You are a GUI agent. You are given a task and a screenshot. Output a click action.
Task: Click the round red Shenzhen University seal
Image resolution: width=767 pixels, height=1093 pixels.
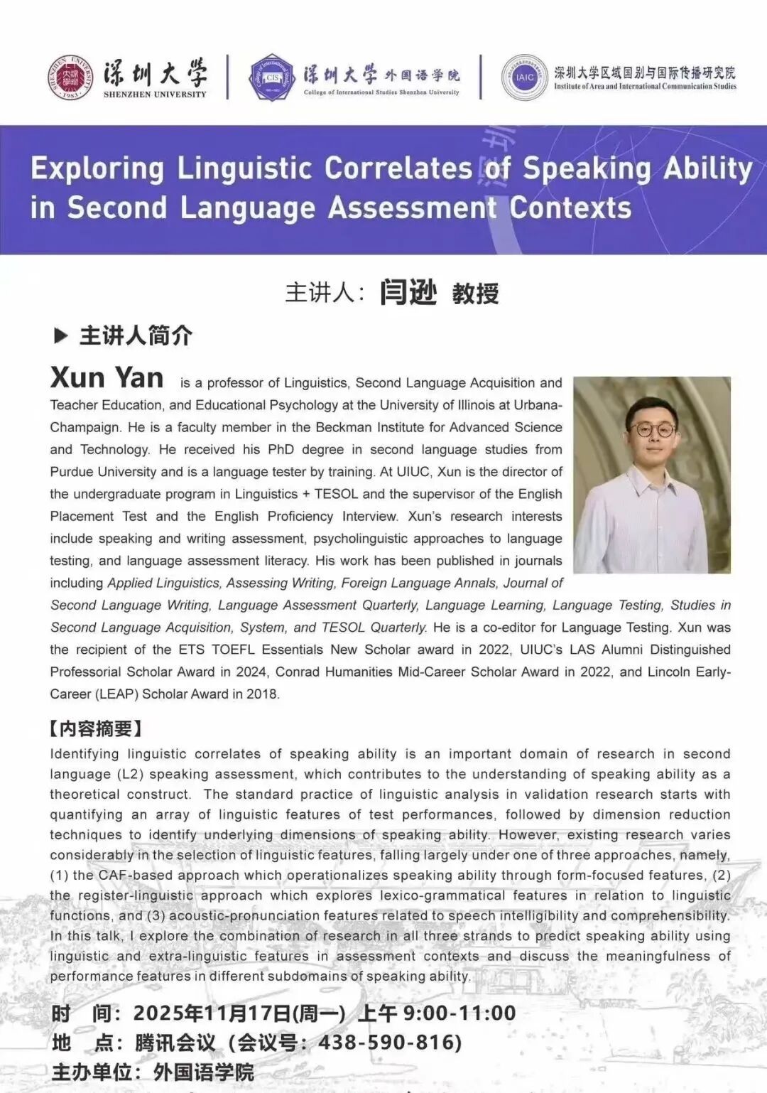coord(70,77)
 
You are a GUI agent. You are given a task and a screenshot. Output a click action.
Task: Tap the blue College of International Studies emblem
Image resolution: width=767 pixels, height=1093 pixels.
coord(273,77)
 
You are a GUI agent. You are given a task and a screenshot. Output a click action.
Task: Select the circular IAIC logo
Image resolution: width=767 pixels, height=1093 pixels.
coord(524,77)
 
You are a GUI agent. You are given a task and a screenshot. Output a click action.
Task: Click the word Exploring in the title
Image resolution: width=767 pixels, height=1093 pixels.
coord(97,169)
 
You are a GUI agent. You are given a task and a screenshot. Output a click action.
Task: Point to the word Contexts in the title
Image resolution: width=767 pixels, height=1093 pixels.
coord(570,208)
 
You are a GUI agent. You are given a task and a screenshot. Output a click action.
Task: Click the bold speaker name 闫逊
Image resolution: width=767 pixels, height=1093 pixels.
coord(408,292)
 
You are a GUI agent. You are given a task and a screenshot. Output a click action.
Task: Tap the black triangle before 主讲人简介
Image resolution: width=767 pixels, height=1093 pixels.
coord(61,335)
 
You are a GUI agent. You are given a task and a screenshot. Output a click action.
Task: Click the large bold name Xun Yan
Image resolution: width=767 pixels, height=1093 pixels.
coord(107,377)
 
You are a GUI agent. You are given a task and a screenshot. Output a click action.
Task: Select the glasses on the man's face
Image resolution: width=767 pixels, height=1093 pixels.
coord(652,430)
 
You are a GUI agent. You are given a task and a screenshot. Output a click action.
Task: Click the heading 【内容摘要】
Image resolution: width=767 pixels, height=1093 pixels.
coord(95,728)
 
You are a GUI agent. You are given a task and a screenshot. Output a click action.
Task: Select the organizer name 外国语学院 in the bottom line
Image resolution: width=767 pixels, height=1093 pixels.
coord(204,1072)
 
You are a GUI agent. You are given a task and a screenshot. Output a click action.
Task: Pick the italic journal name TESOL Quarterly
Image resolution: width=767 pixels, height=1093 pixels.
coord(374,628)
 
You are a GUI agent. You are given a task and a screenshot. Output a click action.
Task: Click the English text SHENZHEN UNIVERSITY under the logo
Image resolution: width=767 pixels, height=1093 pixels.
coord(155,94)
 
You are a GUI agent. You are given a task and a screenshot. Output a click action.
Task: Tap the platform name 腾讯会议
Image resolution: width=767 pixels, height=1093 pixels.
coord(175,1043)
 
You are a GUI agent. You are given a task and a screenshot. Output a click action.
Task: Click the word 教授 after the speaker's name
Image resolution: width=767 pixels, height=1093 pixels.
coord(475,293)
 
